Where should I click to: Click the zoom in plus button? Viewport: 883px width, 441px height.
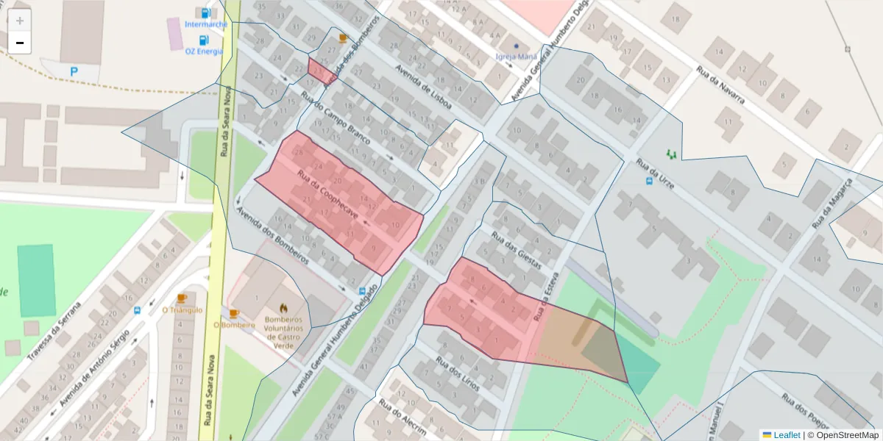click(x=20, y=21)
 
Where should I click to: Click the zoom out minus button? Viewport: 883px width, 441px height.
click(x=20, y=43)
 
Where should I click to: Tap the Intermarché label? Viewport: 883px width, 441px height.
click(x=205, y=24)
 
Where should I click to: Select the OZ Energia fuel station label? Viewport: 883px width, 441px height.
click(x=204, y=51)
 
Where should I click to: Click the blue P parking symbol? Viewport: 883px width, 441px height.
click(x=74, y=71)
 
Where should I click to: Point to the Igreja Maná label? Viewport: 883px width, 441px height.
click(x=516, y=57)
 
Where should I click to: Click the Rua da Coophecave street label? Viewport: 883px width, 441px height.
click(x=327, y=195)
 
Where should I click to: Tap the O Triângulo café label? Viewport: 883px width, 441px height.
click(x=182, y=310)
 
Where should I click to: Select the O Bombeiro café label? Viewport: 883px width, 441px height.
click(x=234, y=325)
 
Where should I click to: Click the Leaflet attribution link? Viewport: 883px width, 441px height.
click(x=786, y=435)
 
